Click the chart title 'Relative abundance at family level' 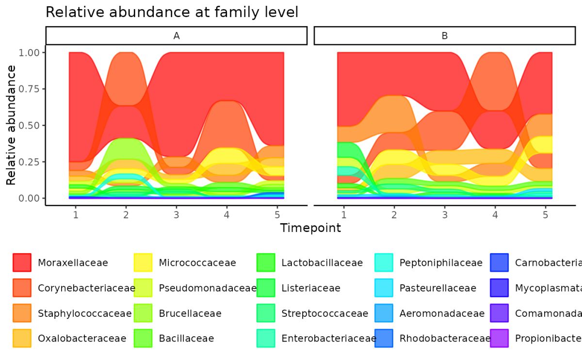click(x=172, y=12)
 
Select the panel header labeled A click(x=177, y=35)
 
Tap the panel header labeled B click(x=444, y=35)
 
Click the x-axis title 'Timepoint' click(x=310, y=228)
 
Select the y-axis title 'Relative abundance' click(x=11, y=125)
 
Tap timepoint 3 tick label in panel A click(x=177, y=214)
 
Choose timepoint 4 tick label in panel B click(x=495, y=214)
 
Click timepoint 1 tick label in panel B click(x=344, y=214)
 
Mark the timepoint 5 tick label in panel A click(x=277, y=214)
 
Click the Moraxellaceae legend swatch click(x=22, y=262)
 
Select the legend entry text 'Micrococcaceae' click(x=197, y=262)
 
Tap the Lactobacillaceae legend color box click(x=265, y=262)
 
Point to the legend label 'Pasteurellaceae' click(x=438, y=288)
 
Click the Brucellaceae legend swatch click(x=143, y=313)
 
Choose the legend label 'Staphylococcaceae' click(x=84, y=313)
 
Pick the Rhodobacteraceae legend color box click(x=384, y=338)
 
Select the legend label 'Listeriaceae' click(x=311, y=288)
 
